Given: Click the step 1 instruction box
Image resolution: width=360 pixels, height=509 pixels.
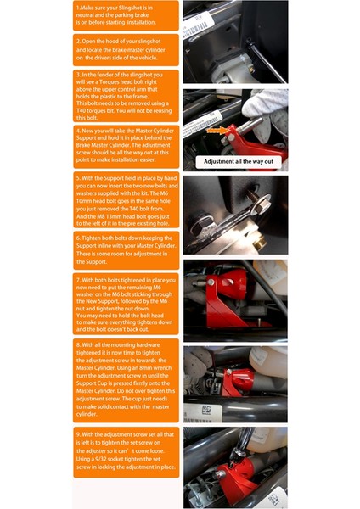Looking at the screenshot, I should click(x=126, y=16).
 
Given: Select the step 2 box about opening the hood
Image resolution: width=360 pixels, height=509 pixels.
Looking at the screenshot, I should click(x=126, y=50).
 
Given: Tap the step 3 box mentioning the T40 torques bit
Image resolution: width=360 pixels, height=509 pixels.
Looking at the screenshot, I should click(x=126, y=96).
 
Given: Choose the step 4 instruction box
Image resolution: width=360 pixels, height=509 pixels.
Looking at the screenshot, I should click(x=126, y=146).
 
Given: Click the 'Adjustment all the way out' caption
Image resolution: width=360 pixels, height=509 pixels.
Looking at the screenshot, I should click(x=234, y=161).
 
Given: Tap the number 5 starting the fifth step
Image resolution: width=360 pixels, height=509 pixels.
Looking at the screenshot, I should click(x=78, y=179).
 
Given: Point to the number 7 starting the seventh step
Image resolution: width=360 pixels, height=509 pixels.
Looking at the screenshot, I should click(x=78, y=278).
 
